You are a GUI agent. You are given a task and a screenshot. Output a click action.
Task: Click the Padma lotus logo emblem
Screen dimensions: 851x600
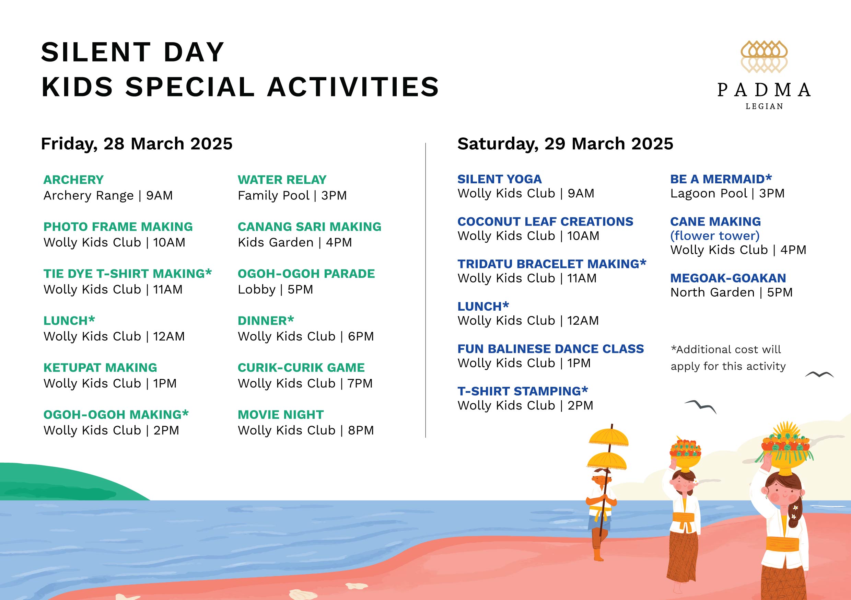(x=764, y=56)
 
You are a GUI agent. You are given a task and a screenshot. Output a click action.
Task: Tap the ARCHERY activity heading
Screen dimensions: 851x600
(x=73, y=180)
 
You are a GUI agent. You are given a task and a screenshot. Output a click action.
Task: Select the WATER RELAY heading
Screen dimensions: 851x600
(x=282, y=180)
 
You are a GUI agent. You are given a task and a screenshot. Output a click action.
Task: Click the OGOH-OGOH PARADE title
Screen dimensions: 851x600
(x=306, y=274)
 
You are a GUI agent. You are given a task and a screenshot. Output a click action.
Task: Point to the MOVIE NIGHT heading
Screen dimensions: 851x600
(x=281, y=415)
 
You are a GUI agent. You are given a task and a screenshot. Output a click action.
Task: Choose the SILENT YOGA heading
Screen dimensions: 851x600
(x=500, y=179)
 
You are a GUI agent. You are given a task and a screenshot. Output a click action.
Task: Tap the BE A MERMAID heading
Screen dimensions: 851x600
(x=721, y=179)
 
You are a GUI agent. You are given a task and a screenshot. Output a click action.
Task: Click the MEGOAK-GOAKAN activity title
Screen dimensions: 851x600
(x=728, y=278)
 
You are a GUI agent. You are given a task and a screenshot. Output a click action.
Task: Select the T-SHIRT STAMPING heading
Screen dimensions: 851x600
(x=523, y=391)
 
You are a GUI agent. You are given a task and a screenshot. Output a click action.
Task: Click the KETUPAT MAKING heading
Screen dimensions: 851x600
(x=100, y=368)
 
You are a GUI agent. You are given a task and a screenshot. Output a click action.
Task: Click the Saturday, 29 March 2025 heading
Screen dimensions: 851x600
(x=565, y=144)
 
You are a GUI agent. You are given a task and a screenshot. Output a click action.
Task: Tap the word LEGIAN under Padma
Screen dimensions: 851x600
(x=764, y=106)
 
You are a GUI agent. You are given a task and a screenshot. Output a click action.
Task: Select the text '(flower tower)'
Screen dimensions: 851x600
(x=715, y=236)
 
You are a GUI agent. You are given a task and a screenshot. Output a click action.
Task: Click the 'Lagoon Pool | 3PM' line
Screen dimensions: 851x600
(x=727, y=194)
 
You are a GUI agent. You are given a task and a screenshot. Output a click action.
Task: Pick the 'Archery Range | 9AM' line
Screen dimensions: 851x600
(x=108, y=195)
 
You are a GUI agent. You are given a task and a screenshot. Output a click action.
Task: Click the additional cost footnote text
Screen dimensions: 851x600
(x=728, y=358)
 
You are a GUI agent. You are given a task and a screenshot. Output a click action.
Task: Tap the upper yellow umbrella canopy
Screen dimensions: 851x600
(x=609, y=438)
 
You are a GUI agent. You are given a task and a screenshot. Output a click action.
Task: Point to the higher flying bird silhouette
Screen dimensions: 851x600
(x=819, y=374)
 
